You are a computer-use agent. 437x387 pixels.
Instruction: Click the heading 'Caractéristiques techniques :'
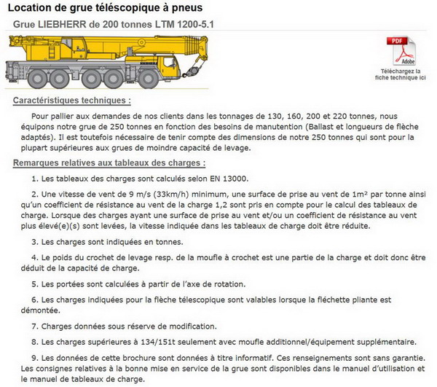click(72, 100)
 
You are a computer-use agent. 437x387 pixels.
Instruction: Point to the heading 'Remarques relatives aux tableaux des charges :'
click(109, 163)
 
